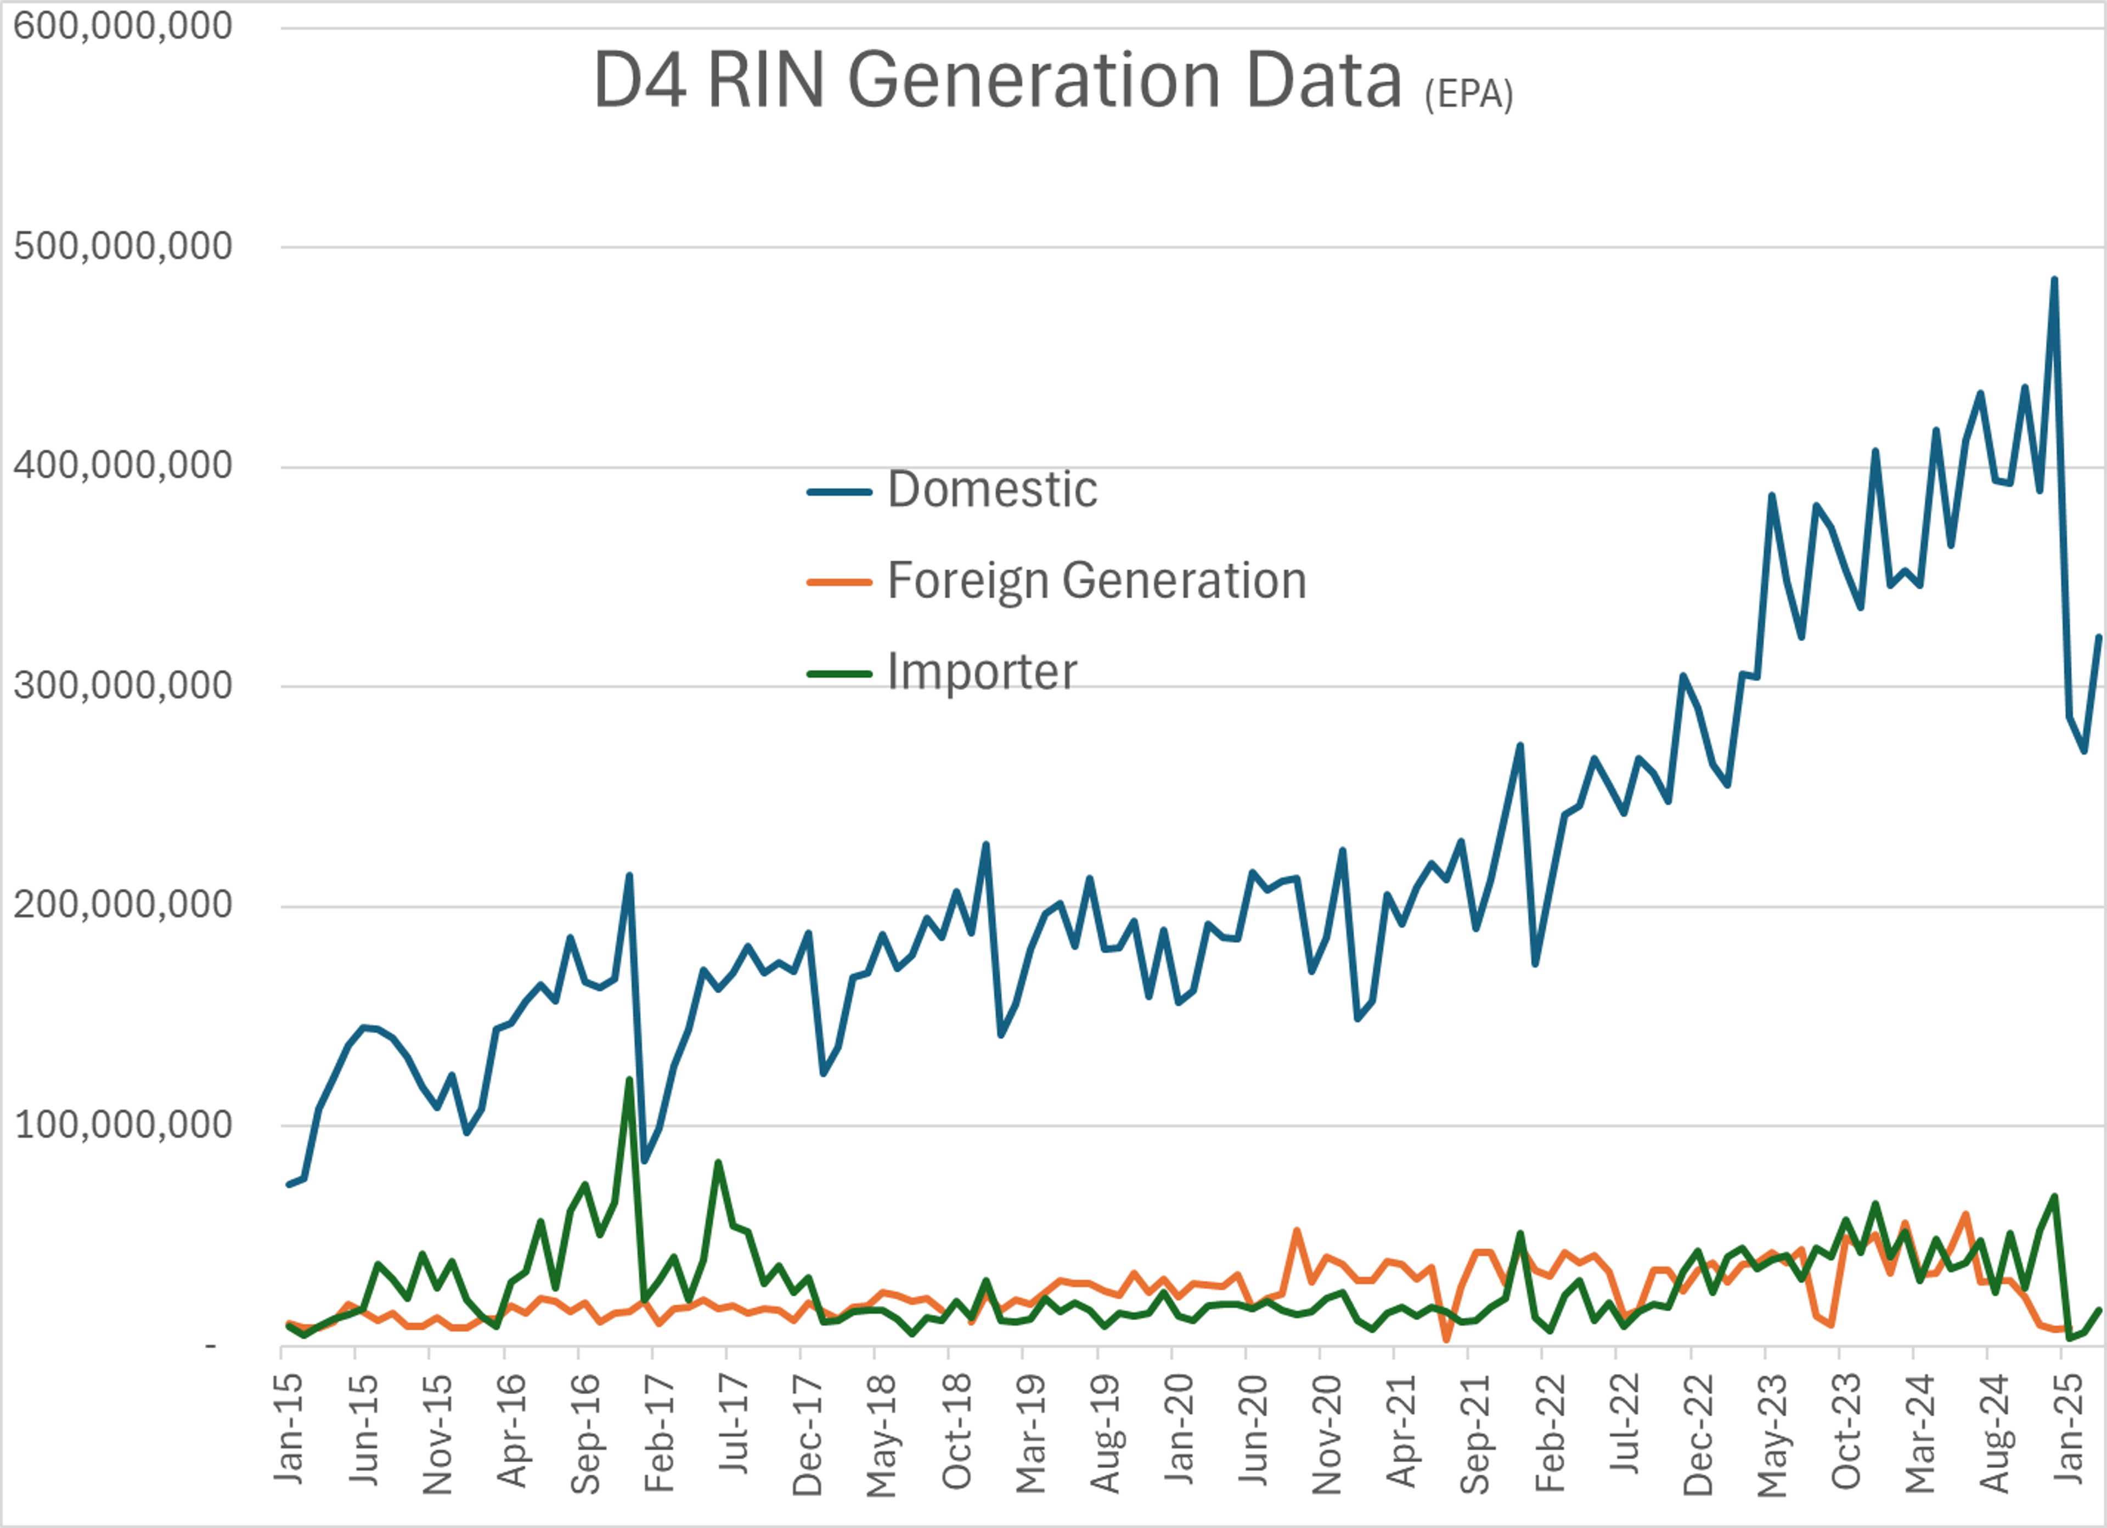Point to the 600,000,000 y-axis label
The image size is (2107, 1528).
(x=122, y=26)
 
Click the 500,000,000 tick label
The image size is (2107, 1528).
(x=122, y=246)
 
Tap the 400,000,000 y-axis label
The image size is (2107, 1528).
(x=122, y=466)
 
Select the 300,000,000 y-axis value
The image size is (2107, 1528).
(x=122, y=686)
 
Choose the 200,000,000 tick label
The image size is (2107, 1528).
(x=122, y=905)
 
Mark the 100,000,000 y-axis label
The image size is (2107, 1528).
(x=122, y=1125)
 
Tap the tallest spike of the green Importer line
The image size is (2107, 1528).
(x=629, y=1079)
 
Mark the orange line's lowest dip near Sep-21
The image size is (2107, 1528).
(x=1446, y=1339)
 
